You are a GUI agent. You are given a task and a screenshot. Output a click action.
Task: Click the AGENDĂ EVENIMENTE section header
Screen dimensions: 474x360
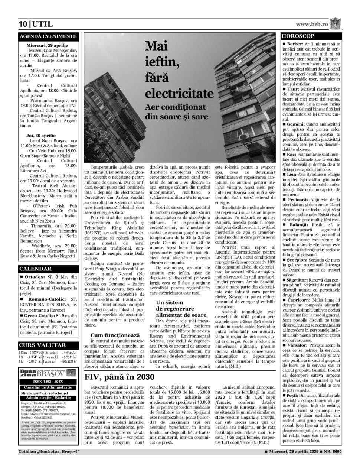click(48, 36)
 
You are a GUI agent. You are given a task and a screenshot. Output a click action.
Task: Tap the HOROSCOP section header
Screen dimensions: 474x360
click(298, 36)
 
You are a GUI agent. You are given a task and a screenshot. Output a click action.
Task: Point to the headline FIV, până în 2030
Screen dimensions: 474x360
click(120, 377)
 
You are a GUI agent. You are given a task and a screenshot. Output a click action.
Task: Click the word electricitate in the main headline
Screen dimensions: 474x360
click(179, 92)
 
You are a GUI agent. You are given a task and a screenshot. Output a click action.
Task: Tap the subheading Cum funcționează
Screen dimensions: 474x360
click(115, 335)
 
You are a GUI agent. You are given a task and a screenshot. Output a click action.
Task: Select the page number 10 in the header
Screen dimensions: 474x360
click(23, 25)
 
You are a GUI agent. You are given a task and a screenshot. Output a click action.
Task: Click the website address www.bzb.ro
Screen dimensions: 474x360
click(312, 24)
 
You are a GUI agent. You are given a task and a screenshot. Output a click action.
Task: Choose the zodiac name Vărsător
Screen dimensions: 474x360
click(298, 345)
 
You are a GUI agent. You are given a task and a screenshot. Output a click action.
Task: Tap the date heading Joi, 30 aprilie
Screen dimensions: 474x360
click(41, 136)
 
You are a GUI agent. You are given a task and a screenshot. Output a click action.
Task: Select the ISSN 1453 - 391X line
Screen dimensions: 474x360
click(48, 382)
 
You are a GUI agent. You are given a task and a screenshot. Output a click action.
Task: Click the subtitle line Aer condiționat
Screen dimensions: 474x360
click(175, 107)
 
